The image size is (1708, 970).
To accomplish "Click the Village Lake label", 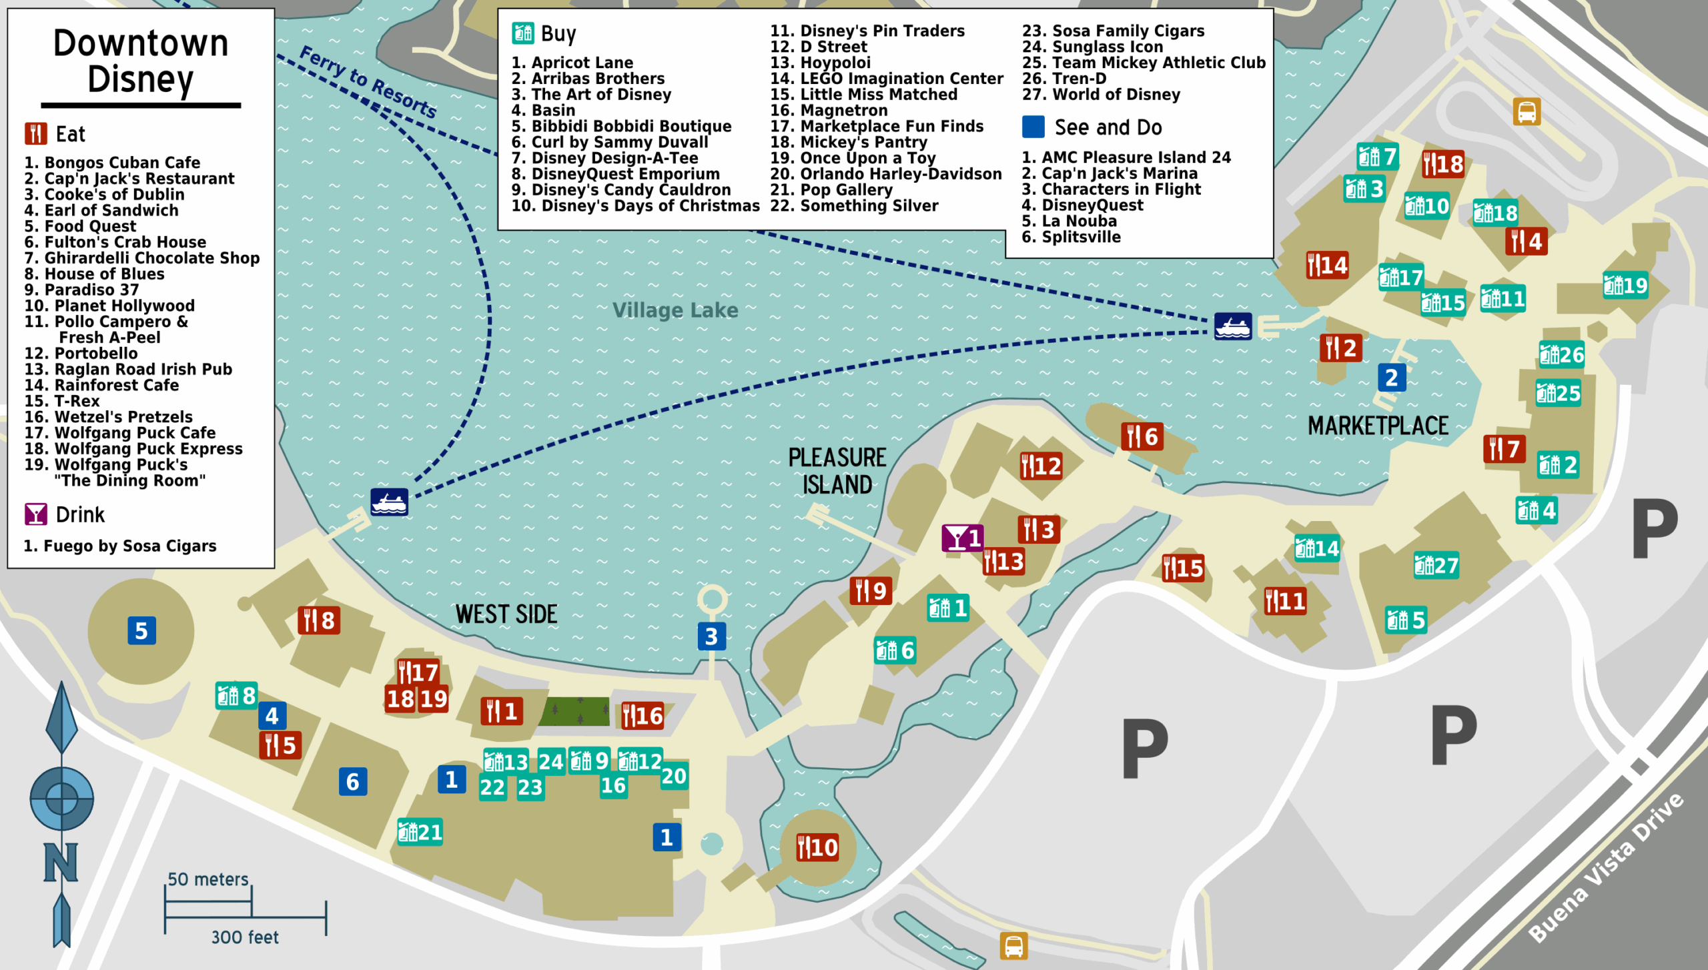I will click(x=675, y=310).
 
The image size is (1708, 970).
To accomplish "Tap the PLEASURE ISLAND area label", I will click(x=837, y=471).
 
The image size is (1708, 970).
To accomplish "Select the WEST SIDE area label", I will click(x=506, y=614).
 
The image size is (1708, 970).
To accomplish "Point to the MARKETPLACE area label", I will click(x=1378, y=426).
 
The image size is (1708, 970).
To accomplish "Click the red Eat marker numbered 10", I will click(x=817, y=848).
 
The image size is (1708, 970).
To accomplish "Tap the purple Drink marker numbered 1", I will click(x=962, y=538).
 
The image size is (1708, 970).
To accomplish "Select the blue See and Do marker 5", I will click(x=141, y=631).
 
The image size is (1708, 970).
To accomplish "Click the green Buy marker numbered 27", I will click(x=1436, y=566).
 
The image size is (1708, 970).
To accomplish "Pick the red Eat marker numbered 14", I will click(x=1327, y=266).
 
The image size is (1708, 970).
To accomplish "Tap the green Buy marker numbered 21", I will click(x=420, y=833).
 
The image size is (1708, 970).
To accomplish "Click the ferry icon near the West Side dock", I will click(x=390, y=502).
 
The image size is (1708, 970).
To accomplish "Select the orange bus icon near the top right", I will click(x=1527, y=111).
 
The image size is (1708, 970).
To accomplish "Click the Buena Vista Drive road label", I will click(x=1607, y=867).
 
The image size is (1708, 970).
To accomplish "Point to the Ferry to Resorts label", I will click(x=368, y=81).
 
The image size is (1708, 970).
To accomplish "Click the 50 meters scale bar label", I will click(x=207, y=879).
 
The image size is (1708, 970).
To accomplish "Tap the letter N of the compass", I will click(x=61, y=862).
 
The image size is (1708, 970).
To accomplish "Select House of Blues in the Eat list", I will click(x=94, y=274).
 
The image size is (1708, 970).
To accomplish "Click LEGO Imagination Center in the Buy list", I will click(x=887, y=79).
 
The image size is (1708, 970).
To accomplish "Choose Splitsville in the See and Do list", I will click(x=1071, y=237).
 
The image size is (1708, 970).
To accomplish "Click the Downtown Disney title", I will click(x=141, y=61).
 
